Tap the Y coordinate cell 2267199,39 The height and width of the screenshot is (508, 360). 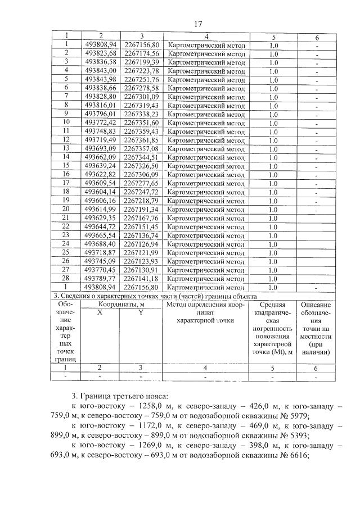pos(141,62)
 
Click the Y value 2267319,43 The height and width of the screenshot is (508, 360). pos(141,105)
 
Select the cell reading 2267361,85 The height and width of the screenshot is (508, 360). pos(141,140)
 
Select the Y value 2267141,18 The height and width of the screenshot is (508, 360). pos(141,278)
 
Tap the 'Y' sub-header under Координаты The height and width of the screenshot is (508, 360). pos(141,312)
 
